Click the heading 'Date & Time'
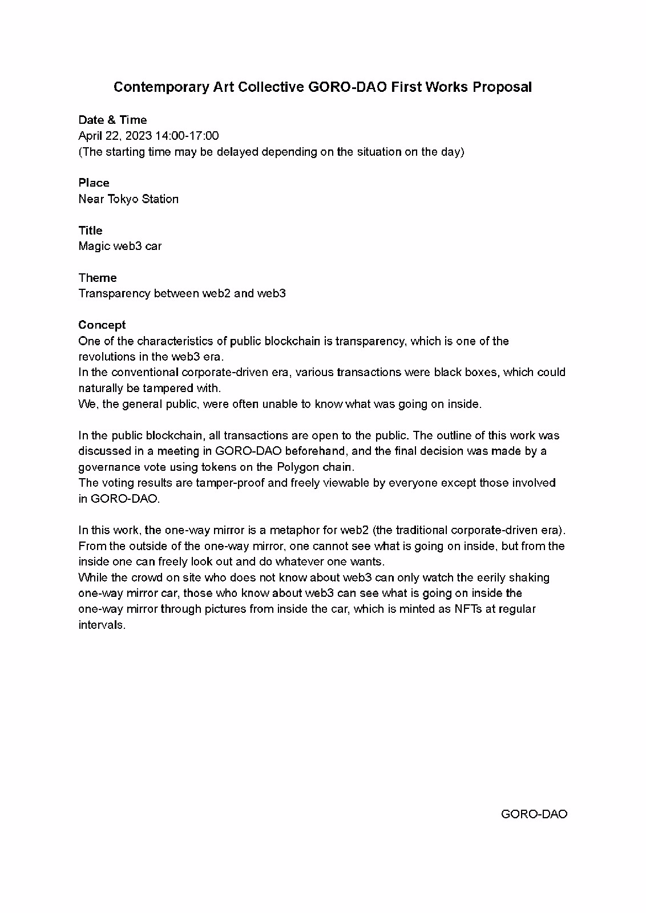click(112, 120)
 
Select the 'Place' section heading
click(94, 183)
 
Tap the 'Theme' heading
click(98, 278)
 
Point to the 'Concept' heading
click(102, 325)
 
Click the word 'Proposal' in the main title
click(502, 87)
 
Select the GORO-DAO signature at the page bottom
click(534, 814)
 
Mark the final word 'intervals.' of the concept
click(102, 624)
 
